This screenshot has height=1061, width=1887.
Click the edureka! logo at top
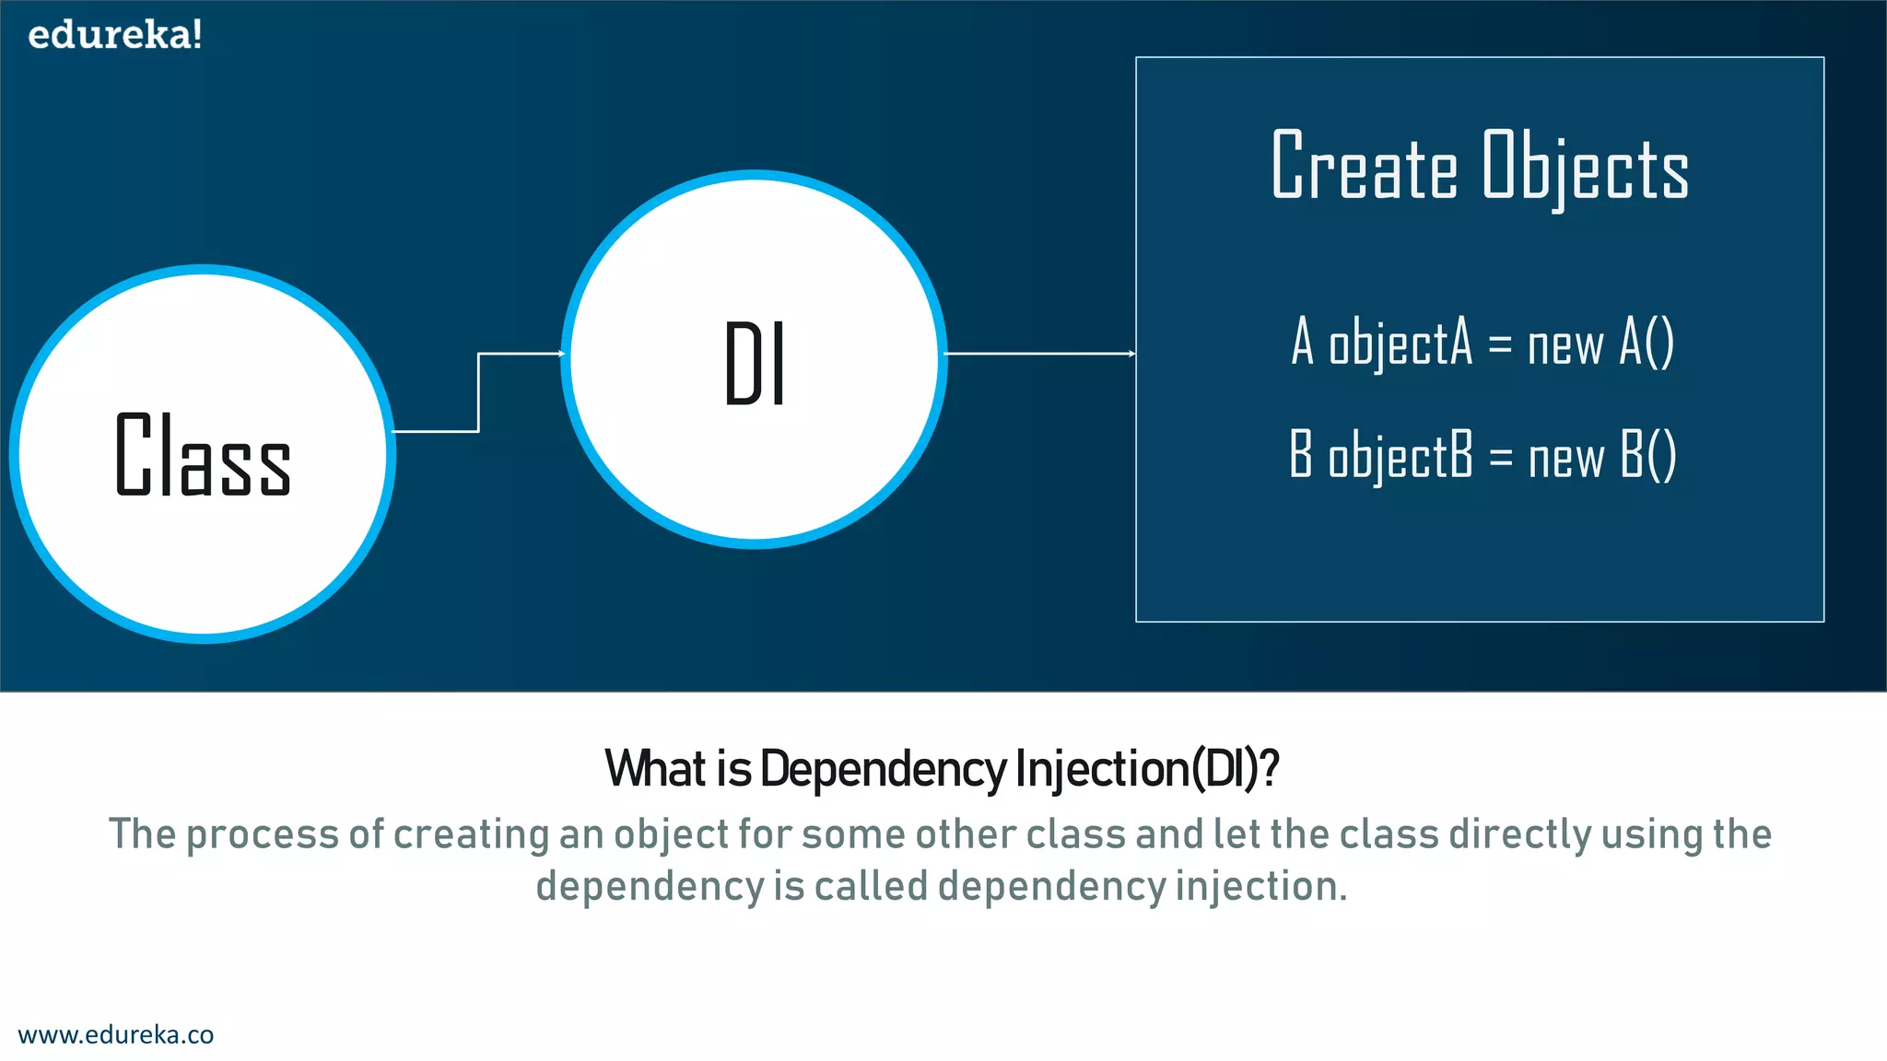click(x=115, y=35)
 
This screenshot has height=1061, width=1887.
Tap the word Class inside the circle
click(x=203, y=456)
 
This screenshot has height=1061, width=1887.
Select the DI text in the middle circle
click(x=755, y=364)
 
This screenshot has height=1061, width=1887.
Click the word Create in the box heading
click(x=1365, y=166)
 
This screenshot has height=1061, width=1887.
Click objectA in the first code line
click(x=1401, y=343)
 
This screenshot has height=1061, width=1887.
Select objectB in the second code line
click(x=1401, y=456)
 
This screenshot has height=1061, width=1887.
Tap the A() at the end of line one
click(x=1647, y=343)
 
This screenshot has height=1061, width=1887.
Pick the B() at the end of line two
click(x=1647, y=456)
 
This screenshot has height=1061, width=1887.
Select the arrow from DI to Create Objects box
click(x=1039, y=354)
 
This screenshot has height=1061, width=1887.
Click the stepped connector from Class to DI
click(x=478, y=391)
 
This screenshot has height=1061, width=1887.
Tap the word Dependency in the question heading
click(x=883, y=770)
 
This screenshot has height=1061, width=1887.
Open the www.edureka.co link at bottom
click(x=116, y=1034)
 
